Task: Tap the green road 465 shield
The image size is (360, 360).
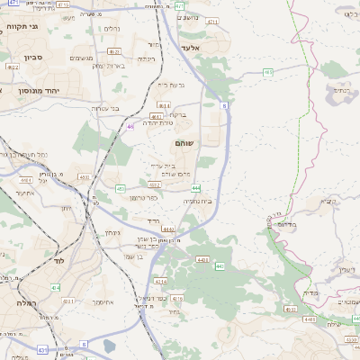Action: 268,72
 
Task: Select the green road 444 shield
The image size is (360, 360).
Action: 195,187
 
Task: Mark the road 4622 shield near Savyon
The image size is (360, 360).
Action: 13,67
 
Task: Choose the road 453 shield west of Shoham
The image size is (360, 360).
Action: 120,189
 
